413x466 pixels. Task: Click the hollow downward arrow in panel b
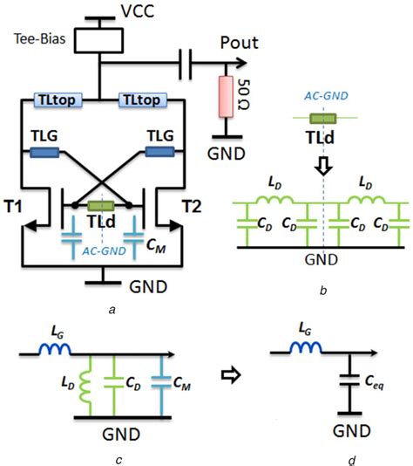[x=323, y=164]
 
